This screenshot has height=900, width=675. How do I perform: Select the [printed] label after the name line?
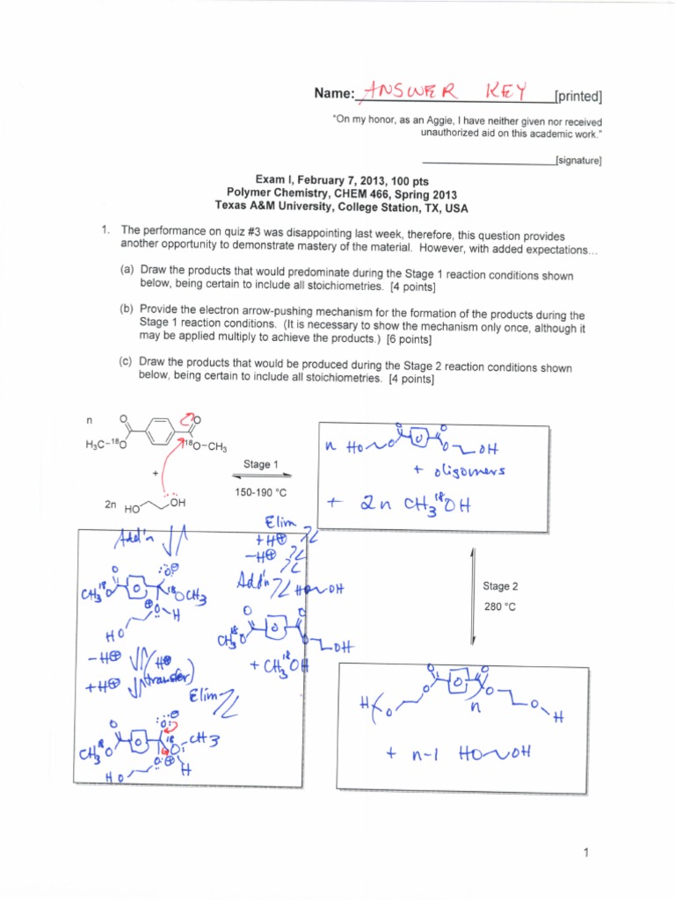click(578, 96)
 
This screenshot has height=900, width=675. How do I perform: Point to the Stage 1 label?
click(262, 465)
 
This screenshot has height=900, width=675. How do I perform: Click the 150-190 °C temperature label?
click(262, 493)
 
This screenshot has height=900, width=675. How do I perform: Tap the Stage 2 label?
click(500, 586)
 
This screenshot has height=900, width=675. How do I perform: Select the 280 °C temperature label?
click(500, 606)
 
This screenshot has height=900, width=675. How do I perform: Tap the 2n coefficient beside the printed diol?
click(110, 506)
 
